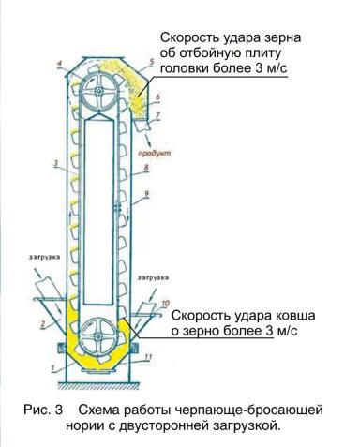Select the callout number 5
[149, 63]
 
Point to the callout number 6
[157, 97]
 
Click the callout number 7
[158, 115]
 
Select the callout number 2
[43, 322]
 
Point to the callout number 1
[53, 368]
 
